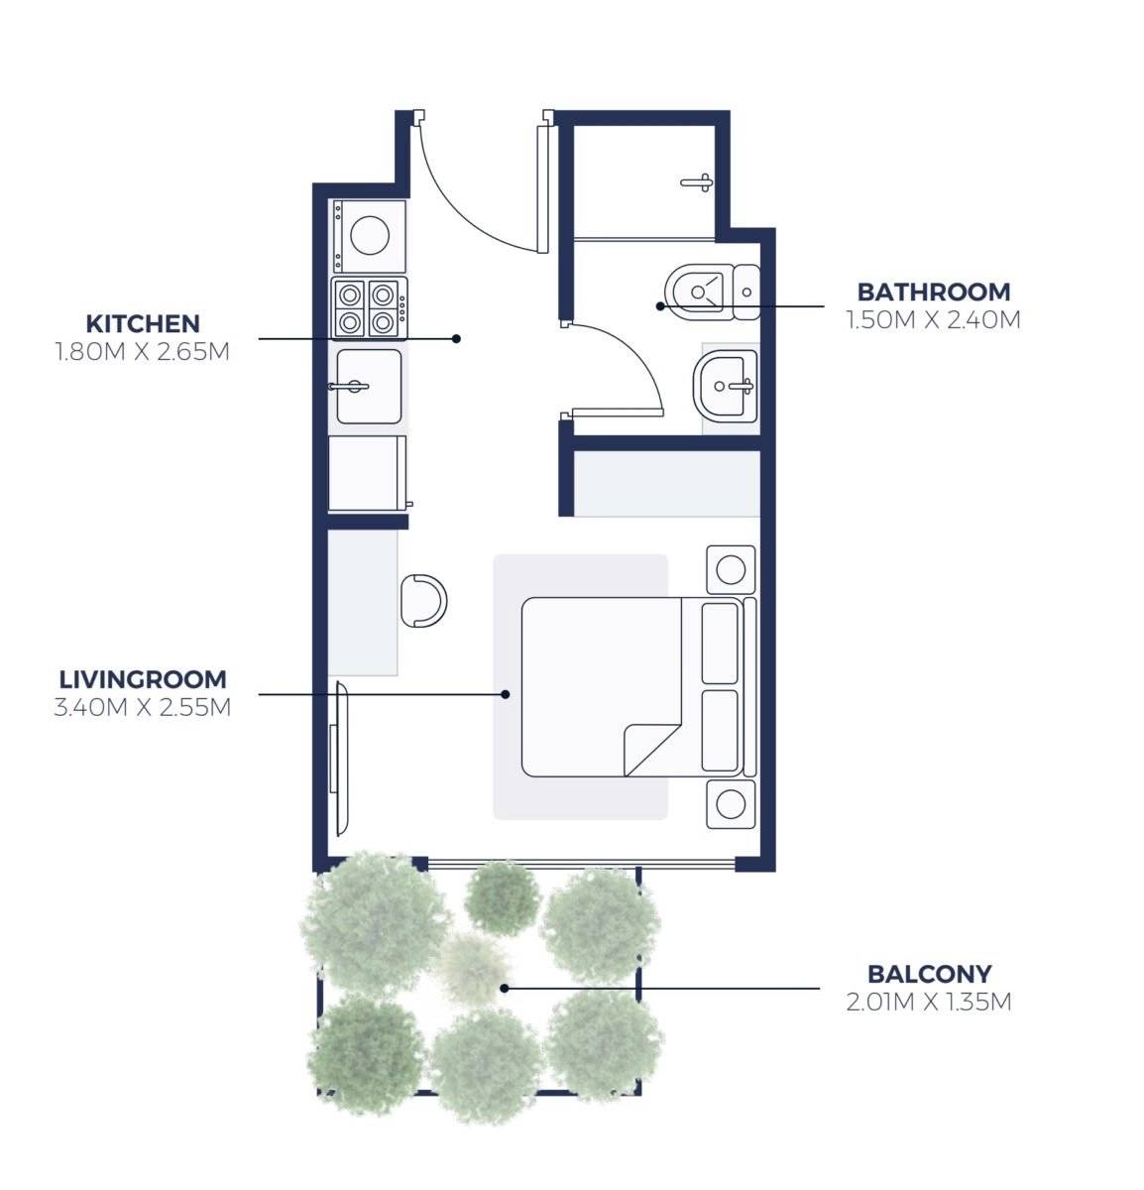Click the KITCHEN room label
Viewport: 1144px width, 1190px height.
point(143,323)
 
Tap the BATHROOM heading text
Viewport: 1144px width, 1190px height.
point(933,293)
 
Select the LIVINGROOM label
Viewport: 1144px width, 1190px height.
point(143,679)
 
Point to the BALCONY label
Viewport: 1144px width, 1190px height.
point(930,974)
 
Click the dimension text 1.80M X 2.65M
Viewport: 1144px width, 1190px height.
point(143,352)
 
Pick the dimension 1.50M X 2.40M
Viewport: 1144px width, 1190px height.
point(933,320)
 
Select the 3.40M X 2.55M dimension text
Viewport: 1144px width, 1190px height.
point(143,707)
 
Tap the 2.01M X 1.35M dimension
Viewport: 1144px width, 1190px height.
point(929,1002)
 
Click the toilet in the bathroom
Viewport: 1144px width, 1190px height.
point(712,292)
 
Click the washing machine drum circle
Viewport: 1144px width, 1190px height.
point(370,235)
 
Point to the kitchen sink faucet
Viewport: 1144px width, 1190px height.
point(349,387)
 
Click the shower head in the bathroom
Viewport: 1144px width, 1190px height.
point(697,182)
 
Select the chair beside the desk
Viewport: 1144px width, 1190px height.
point(423,601)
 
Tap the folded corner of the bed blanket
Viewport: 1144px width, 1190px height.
point(652,751)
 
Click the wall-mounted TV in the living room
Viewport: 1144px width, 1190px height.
point(339,759)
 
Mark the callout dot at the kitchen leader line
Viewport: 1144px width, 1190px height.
point(456,338)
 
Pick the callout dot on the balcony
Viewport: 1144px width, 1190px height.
point(504,989)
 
